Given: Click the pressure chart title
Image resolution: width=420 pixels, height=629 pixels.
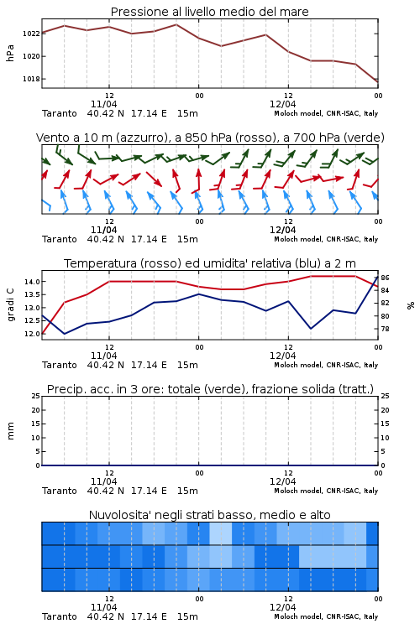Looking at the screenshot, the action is tap(209, 12).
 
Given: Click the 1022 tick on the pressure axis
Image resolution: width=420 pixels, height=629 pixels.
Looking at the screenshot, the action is tap(31, 34).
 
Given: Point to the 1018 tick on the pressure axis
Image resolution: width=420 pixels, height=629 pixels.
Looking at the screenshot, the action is tap(31, 79).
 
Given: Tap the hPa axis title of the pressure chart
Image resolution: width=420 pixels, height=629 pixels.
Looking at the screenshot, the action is tap(10, 53).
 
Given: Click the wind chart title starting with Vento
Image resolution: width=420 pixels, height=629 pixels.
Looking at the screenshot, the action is tap(210, 138).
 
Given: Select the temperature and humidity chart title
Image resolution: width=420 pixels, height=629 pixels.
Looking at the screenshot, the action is tap(210, 263).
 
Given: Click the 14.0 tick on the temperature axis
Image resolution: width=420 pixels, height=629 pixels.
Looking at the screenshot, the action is tap(32, 282).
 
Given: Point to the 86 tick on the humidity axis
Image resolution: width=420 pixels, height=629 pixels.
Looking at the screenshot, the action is tap(385, 278).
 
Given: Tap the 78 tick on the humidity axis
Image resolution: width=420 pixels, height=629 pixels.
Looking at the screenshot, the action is tap(385, 329).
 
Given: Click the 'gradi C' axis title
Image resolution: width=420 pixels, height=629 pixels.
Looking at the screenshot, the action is tap(10, 304).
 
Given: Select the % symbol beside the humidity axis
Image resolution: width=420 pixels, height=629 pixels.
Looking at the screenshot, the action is tap(411, 305).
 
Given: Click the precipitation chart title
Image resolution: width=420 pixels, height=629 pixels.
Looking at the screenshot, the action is tap(210, 389).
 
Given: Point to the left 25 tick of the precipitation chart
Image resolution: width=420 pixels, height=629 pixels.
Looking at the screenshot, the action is tap(36, 396).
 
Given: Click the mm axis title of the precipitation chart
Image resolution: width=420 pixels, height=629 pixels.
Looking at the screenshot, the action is tap(10, 431).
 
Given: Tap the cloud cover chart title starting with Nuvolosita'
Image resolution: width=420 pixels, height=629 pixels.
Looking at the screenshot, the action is tap(209, 515).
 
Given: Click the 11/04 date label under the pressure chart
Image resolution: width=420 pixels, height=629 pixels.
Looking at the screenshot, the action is tap(103, 104).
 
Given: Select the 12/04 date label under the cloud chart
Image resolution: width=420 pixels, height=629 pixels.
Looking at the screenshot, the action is tap(282, 607).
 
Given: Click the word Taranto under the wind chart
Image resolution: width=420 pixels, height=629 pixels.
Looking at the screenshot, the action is tap(59, 239).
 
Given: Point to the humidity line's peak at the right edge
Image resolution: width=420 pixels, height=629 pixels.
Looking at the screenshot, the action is tap(377, 277).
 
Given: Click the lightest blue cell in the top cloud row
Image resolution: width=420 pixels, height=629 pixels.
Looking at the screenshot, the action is tap(221, 533).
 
